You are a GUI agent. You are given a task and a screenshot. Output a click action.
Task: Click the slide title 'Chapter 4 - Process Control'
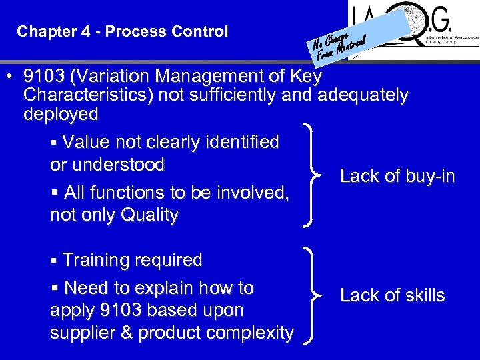tap(123, 31)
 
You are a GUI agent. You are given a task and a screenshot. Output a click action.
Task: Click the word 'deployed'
tap(61, 114)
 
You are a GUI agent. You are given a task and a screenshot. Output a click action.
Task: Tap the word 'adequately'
tap(363, 95)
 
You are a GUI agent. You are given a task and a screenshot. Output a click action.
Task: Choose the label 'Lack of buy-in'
tap(397, 176)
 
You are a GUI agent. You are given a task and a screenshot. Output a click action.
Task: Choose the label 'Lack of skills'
tap(392, 295)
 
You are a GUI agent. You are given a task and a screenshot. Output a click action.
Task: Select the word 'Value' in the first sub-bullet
tap(87, 142)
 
